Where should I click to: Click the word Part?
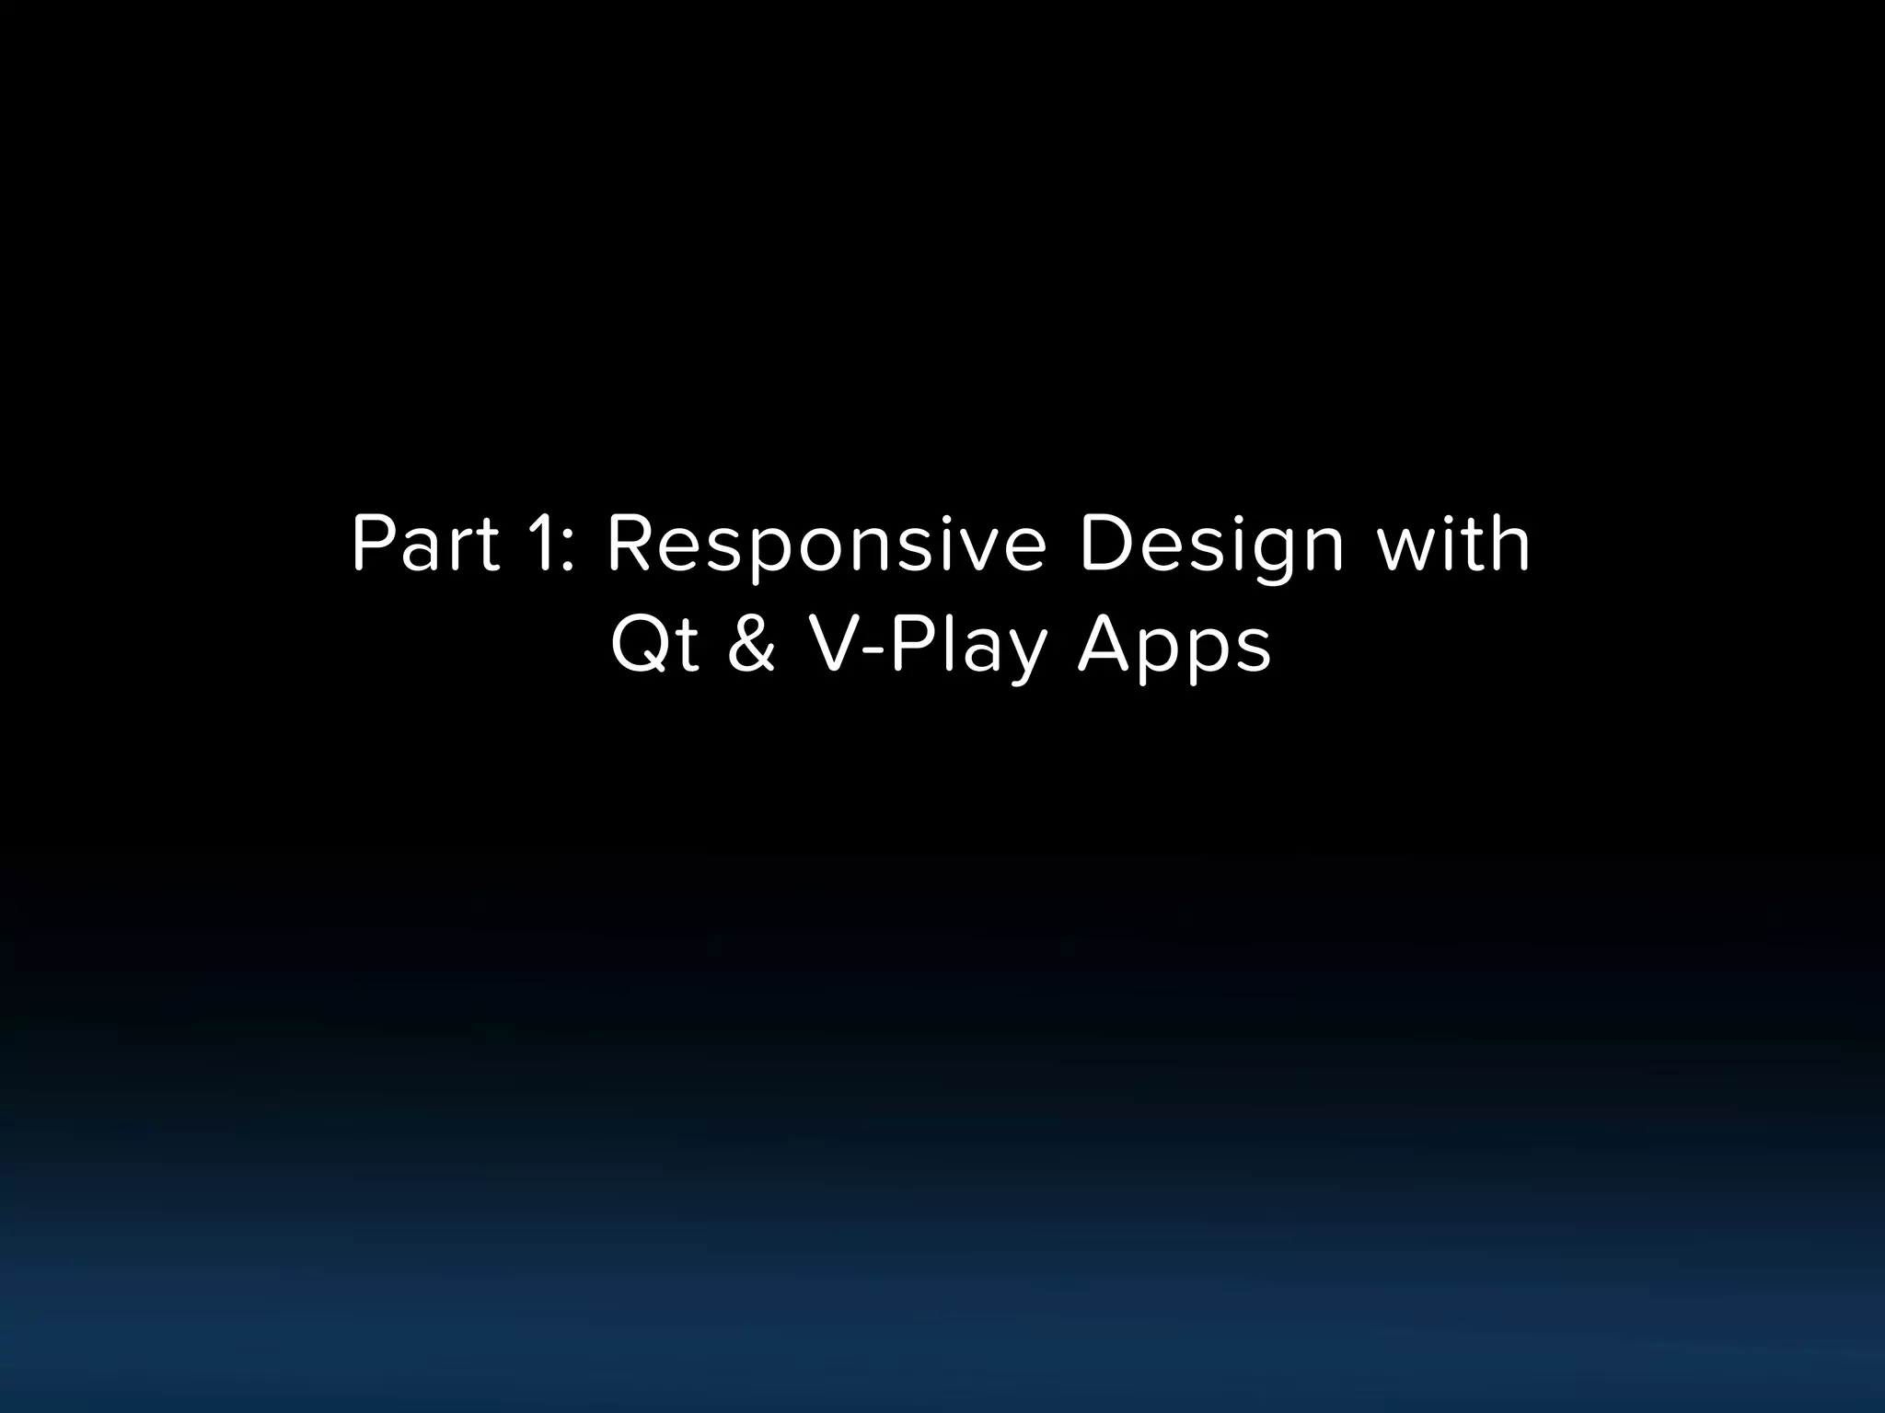pos(425,545)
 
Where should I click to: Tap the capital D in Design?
pos(1107,545)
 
